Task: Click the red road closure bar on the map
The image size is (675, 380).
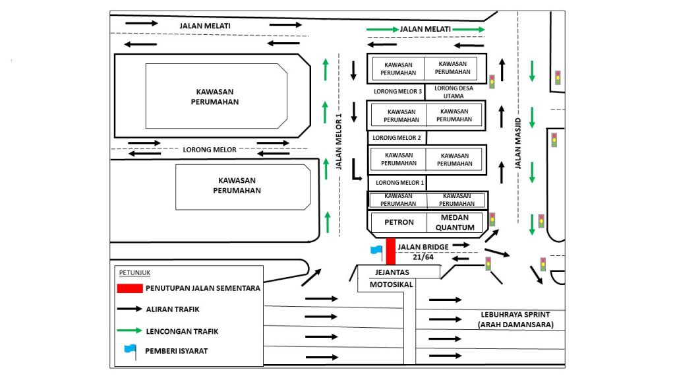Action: click(x=390, y=251)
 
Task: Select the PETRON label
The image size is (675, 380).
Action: click(x=399, y=223)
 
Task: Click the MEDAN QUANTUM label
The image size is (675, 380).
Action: click(x=455, y=223)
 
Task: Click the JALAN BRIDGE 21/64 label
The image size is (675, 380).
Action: click(x=423, y=251)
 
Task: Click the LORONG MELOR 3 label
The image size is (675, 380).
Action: click(x=397, y=91)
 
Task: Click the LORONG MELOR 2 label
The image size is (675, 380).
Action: click(x=397, y=138)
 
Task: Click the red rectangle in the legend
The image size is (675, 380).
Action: click(x=131, y=288)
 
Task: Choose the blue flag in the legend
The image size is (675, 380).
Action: click(x=130, y=351)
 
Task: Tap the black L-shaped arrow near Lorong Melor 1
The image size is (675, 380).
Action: click(x=355, y=169)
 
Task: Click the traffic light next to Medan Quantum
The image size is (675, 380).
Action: click(x=492, y=220)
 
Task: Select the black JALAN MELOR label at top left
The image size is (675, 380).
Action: click(x=205, y=26)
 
